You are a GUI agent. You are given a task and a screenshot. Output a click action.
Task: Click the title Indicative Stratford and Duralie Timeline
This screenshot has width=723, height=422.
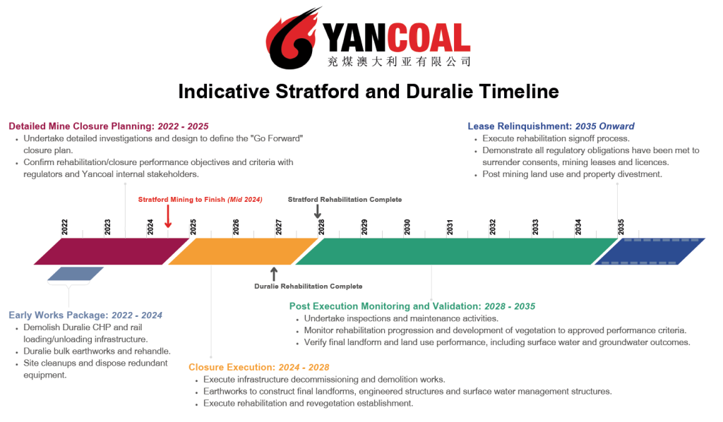[x=368, y=92]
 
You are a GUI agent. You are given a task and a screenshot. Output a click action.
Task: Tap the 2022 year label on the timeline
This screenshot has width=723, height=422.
[x=64, y=227]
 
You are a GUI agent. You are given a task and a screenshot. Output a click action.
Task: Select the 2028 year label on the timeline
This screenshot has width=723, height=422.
[x=321, y=227]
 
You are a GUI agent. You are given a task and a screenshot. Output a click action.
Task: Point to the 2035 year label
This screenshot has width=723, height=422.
[x=621, y=227]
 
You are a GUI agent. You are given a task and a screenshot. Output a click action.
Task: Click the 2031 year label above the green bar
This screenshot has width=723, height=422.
[x=450, y=227]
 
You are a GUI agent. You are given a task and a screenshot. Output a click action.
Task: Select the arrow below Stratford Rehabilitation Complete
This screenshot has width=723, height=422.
[x=318, y=211]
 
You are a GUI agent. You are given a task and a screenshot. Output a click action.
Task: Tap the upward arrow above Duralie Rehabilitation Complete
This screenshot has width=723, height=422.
[x=274, y=274]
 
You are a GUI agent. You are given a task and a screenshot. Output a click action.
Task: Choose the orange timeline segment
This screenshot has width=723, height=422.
[x=244, y=251]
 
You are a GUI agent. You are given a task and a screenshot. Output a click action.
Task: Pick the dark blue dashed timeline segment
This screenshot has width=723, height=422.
[x=650, y=251]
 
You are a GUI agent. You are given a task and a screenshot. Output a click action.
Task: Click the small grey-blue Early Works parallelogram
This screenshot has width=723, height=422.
[x=76, y=274]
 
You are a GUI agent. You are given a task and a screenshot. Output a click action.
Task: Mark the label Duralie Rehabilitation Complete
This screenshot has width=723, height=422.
[x=308, y=287]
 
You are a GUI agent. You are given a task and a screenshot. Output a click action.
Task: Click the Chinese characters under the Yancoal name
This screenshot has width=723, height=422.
[x=399, y=62]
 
